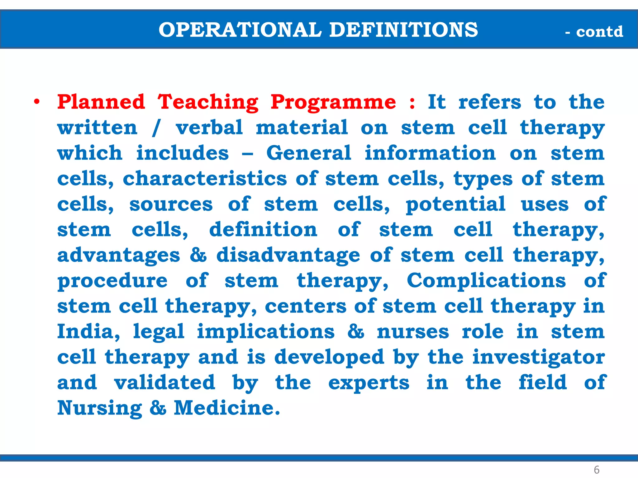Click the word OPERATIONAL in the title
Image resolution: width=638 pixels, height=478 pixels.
(x=240, y=30)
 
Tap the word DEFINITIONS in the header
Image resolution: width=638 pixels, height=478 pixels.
(x=403, y=30)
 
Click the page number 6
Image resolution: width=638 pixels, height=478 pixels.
(x=597, y=469)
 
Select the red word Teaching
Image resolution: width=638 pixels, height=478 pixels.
(x=208, y=103)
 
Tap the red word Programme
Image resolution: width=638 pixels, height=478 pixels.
(x=333, y=103)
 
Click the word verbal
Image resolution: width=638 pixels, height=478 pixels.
(x=209, y=128)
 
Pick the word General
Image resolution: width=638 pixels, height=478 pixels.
(x=309, y=153)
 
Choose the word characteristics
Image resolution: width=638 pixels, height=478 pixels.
(x=205, y=179)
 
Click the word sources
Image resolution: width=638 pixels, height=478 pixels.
(x=171, y=204)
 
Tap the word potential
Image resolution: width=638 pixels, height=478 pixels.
(x=455, y=205)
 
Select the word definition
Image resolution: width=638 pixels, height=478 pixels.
(x=263, y=230)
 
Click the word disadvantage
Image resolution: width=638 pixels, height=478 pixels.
(x=288, y=255)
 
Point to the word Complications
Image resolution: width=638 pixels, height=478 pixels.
(x=486, y=281)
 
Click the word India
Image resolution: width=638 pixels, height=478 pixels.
(x=88, y=332)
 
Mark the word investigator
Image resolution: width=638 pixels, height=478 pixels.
(x=539, y=357)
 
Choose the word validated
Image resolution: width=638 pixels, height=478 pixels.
(x=164, y=383)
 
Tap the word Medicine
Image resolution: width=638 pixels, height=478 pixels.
(x=227, y=408)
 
